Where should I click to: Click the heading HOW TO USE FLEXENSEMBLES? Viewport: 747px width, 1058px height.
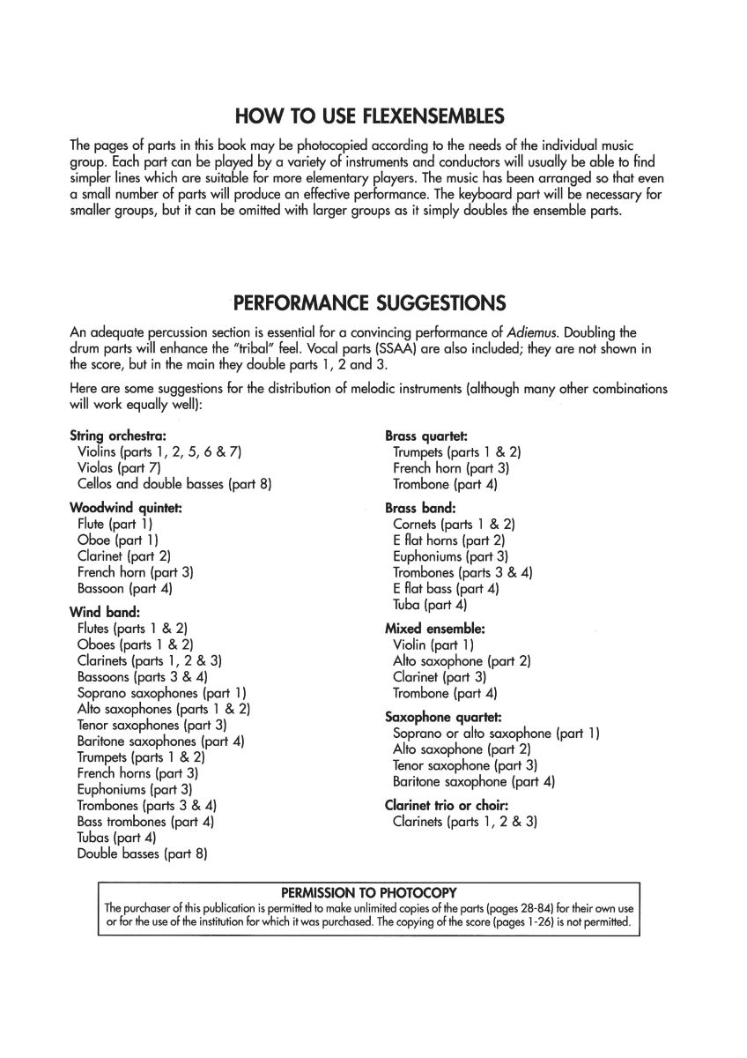tap(369, 116)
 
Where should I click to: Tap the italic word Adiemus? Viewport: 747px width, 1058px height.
tap(531, 332)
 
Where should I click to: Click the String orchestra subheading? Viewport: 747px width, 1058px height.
tap(118, 436)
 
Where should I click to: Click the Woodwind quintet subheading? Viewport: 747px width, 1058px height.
tap(125, 508)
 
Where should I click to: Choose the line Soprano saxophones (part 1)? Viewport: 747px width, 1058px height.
tap(161, 693)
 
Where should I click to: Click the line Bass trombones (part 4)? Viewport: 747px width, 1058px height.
tap(145, 822)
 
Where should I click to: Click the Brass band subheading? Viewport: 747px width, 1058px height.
tap(420, 508)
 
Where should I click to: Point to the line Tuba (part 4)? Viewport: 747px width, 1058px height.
tap(430, 605)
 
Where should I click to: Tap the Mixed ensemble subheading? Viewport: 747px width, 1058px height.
tap(435, 629)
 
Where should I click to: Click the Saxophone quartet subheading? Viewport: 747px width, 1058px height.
tap(443, 718)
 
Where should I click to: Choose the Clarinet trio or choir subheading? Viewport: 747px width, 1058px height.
tap(447, 805)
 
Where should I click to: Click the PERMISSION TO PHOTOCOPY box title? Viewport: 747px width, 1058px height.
tap(368, 891)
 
